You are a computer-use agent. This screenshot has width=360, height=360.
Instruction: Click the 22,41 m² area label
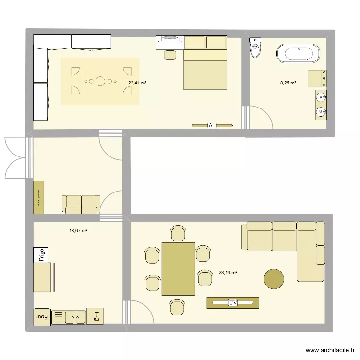pyautogui.click(x=137, y=83)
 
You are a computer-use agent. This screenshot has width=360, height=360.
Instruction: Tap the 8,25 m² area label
pyautogui.click(x=288, y=83)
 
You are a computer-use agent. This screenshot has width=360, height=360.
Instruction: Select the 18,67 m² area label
pyautogui.click(x=78, y=230)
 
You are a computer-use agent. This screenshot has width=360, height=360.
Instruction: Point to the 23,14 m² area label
pyautogui.click(x=228, y=272)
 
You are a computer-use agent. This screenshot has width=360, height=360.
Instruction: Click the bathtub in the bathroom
pyautogui.click(x=298, y=53)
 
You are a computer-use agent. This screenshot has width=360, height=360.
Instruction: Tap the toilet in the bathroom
pyautogui.click(x=256, y=47)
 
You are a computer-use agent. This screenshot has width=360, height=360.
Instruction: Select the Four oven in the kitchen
pyautogui.click(x=42, y=316)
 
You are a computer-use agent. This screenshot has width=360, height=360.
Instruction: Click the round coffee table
pyautogui.click(x=274, y=278)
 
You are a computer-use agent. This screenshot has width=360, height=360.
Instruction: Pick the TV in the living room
pyautogui.click(x=233, y=303)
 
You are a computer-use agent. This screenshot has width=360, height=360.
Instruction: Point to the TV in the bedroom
pyautogui.click(x=212, y=126)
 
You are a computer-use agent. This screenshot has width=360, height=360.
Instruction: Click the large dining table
pyautogui.click(x=179, y=269)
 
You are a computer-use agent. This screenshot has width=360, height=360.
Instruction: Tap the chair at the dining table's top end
pyautogui.click(x=178, y=233)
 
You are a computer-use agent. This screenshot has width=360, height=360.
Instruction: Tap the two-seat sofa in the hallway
pyautogui.click(x=81, y=204)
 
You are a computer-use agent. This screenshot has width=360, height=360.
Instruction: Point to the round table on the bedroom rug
pyautogui.click(x=100, y=81)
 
